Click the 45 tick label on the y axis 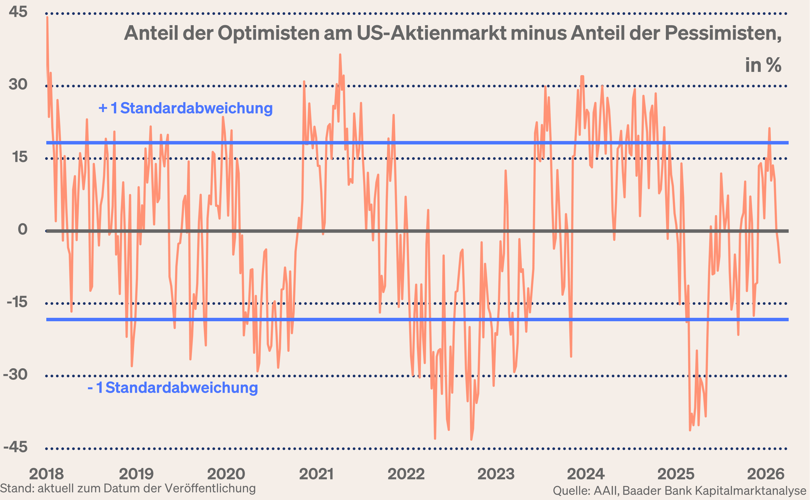18,12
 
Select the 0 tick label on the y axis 23,229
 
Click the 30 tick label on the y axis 18,84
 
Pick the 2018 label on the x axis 46,474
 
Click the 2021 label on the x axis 316,474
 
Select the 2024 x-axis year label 586,474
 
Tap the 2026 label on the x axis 766,474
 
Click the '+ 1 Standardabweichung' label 185,108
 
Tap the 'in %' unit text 763,65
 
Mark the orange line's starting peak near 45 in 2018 47,17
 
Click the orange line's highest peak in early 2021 340,55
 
